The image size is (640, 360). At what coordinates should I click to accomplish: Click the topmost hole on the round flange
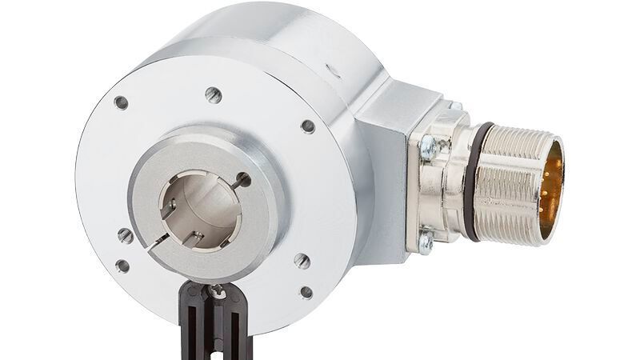click(213, 94)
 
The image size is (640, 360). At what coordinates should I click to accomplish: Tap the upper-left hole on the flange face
click(121, 102)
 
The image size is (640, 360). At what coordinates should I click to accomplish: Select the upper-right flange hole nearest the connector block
click(307, 126)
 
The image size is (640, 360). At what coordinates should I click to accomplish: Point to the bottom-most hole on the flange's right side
click(306, 292)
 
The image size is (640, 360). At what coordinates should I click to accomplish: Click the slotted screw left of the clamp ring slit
click(125, 235)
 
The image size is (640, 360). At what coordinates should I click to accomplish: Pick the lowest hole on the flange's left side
click(122, 266)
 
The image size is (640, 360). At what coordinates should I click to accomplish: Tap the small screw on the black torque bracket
click(216, 294)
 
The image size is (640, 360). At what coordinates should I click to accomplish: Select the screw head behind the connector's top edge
click(455, 106)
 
